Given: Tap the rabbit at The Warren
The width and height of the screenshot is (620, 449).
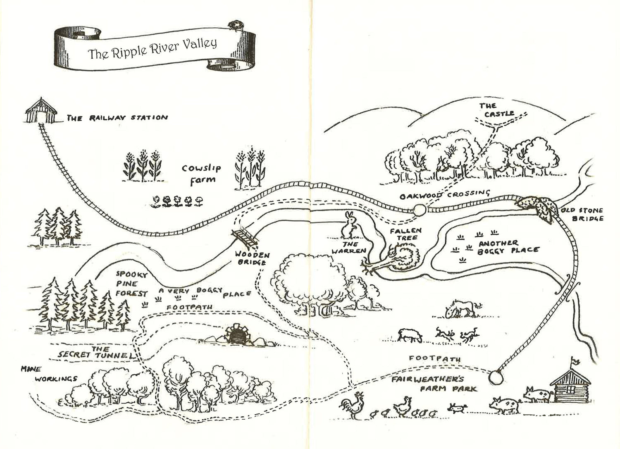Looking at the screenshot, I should coord(350,225).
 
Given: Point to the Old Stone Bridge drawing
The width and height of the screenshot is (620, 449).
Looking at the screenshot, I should coord(537,206).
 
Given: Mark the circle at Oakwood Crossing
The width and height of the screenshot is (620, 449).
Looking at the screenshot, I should coord(420,210).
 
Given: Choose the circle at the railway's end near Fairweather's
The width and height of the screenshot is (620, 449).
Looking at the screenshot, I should coord(496,377).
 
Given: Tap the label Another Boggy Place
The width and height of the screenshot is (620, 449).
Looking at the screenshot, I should coord(508,247).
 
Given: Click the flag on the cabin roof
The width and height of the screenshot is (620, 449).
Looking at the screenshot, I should coord(575,361).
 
